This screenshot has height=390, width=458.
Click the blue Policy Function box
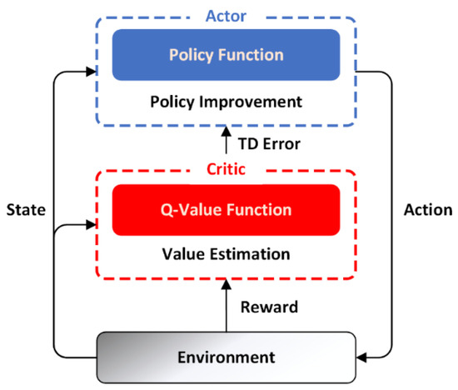226,55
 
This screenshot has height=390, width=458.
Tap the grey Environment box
226,357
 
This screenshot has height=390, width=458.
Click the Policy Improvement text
226,103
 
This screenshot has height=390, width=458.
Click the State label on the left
26,209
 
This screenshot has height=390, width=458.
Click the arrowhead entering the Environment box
361,358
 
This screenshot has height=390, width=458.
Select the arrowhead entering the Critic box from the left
92,224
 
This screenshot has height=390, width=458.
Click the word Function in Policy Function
254,55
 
